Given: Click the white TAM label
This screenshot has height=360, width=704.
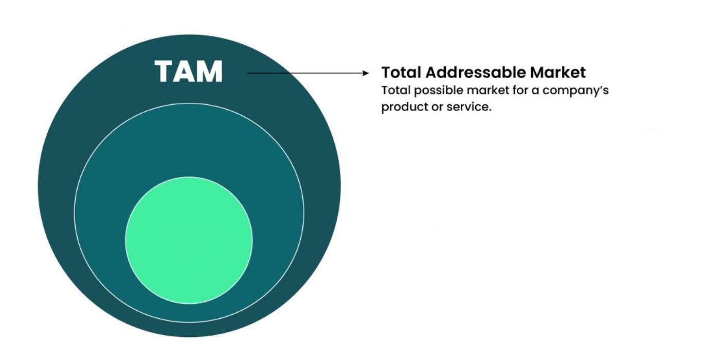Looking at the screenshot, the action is pos(189,71).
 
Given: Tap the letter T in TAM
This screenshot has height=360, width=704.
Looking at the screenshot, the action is pos(165,71).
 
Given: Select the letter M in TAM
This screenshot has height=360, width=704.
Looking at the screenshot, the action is pos(209,71).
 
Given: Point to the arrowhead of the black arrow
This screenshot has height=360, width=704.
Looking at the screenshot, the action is pos(366,73).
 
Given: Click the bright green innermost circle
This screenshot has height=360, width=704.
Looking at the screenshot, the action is pos(189,240).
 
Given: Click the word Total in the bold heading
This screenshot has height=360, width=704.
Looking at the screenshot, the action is pos(401,72).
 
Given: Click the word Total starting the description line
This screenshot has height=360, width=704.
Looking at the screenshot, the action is pos(395,91).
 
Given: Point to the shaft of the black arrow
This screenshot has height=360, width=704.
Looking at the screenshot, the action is pos(303,73).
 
